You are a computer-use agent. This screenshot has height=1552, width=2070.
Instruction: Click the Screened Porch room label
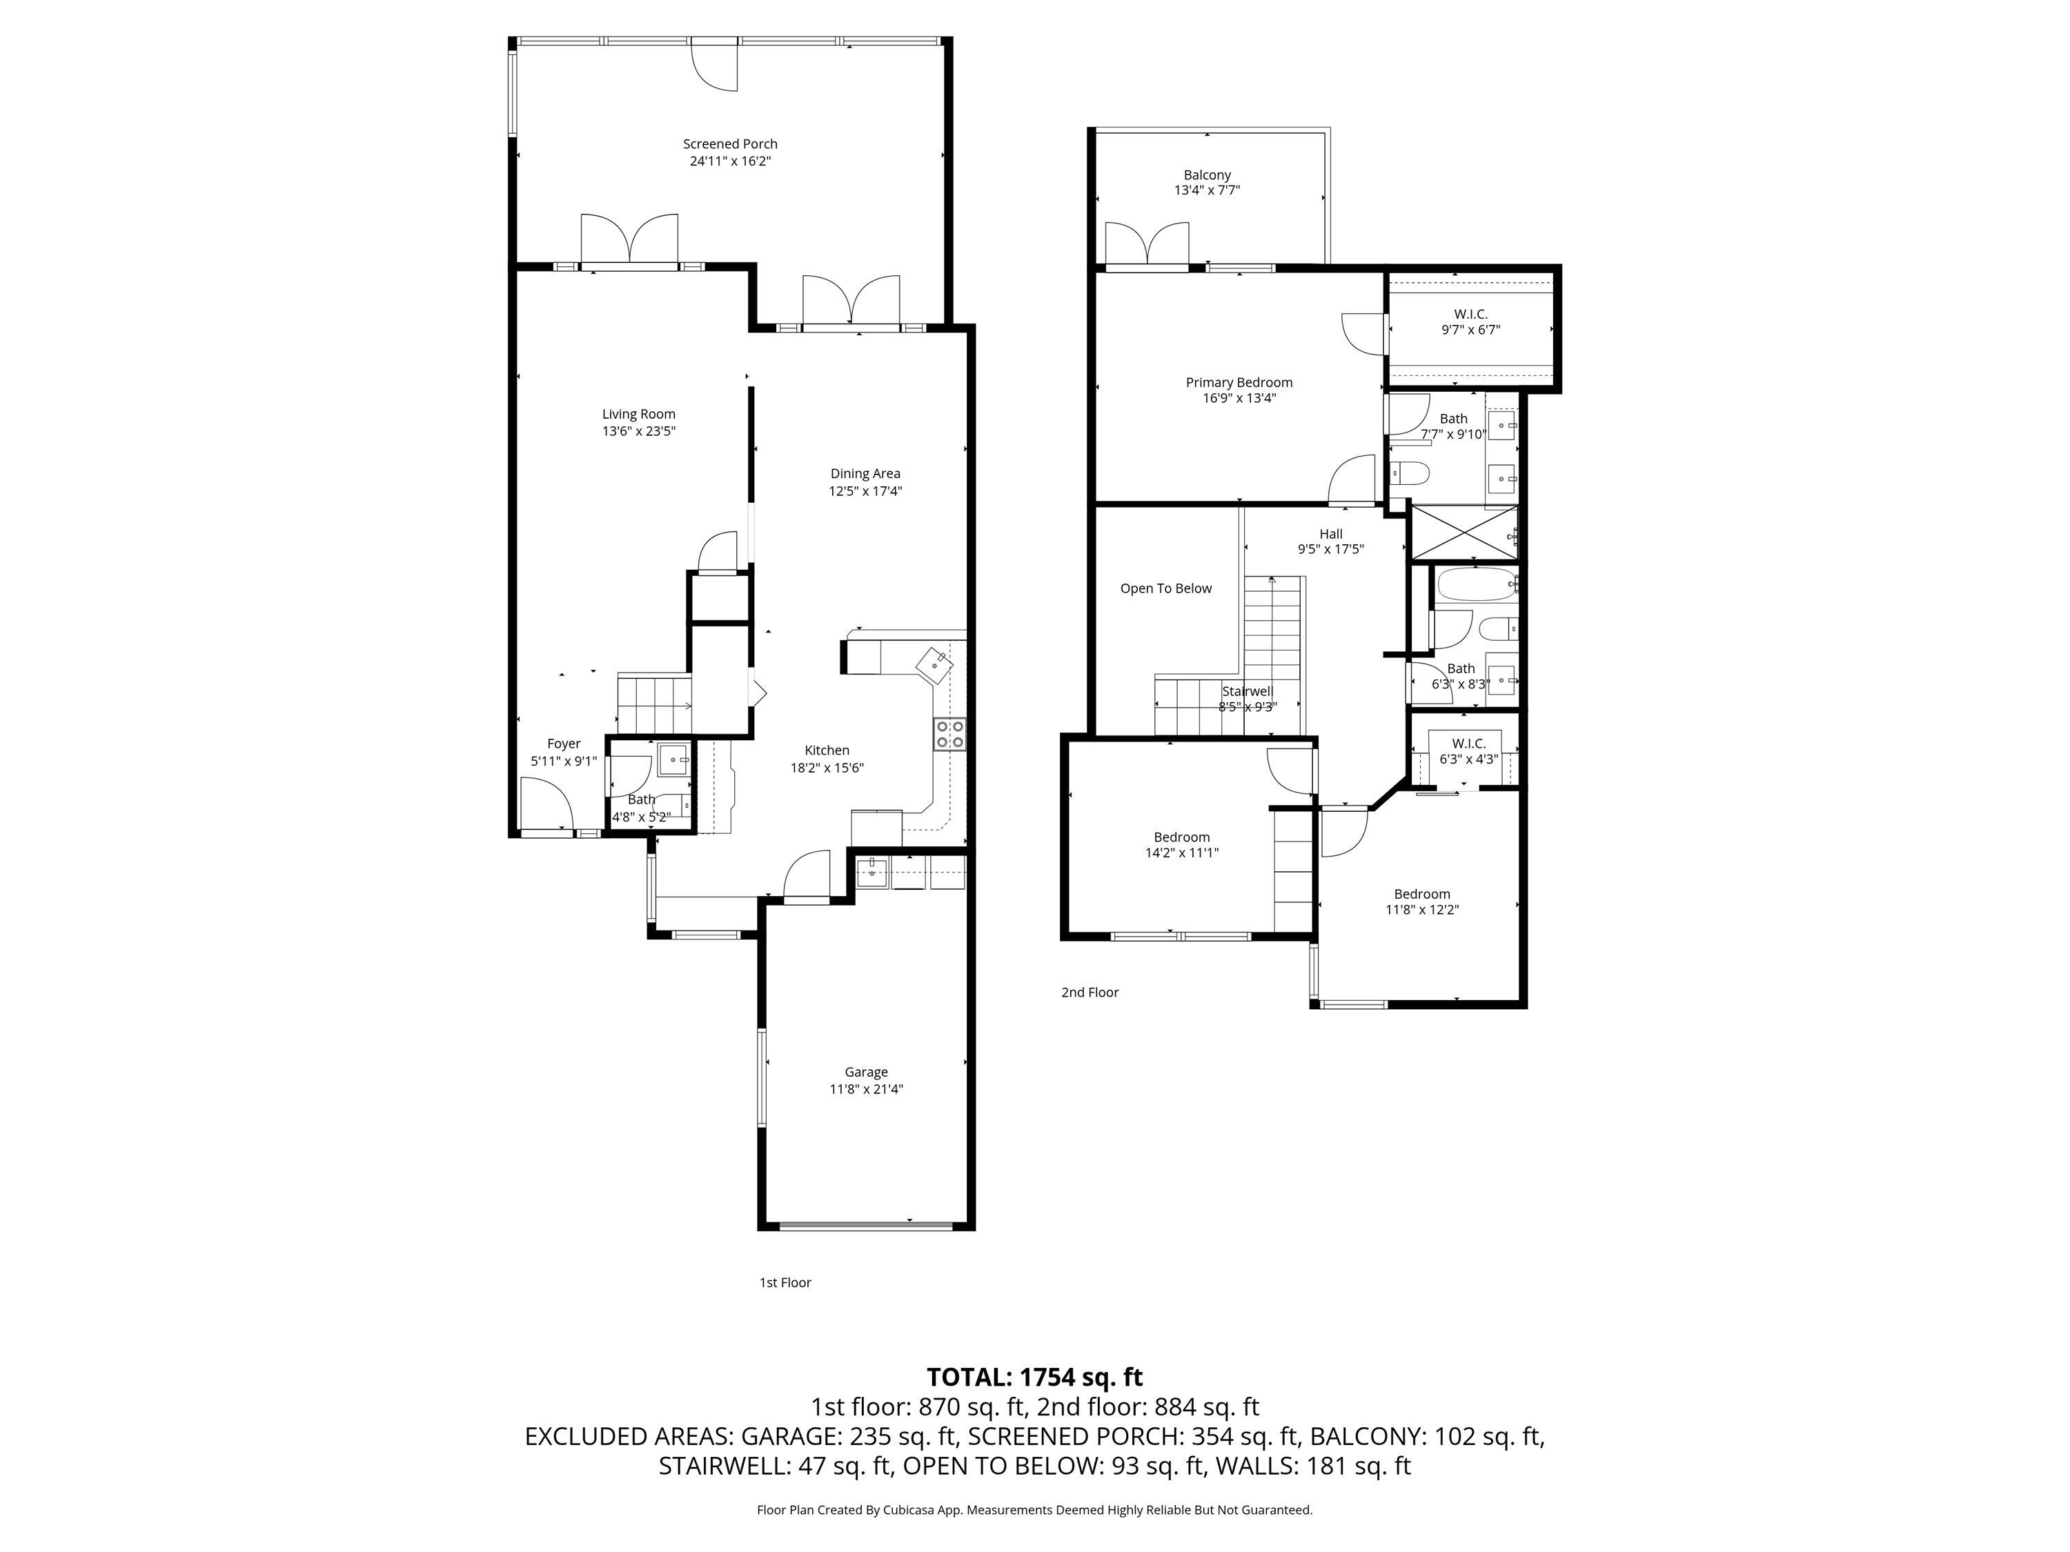tap(730, 144)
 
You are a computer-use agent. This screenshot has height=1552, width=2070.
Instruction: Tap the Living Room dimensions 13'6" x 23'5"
tap(639, 431)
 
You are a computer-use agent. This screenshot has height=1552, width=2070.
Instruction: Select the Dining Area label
tap(865, 473)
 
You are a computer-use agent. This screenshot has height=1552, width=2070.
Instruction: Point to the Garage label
tap(866, 1072)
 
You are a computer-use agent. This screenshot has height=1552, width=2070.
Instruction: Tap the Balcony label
tap(1206, 175)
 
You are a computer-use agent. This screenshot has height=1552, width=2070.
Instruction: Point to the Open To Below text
tap(1165, 588)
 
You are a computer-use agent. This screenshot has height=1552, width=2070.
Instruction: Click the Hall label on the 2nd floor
tap(1331, 534)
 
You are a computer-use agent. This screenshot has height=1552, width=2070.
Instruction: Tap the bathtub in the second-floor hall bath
tap(1474, 586)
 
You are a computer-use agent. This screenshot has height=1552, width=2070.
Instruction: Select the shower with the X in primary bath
tap(1463, 533)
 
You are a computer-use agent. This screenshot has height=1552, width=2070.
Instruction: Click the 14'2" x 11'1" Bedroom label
tap(1181, 845)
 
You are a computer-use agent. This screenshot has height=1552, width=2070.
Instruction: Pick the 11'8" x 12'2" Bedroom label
tap(1421, 901)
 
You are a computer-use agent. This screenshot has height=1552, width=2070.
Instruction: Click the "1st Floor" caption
tap(785, 1282)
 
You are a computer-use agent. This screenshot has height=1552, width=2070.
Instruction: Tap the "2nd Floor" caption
tap(1090, 993)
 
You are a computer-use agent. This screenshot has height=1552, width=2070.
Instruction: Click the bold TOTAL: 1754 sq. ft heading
tap(1034, 1377)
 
